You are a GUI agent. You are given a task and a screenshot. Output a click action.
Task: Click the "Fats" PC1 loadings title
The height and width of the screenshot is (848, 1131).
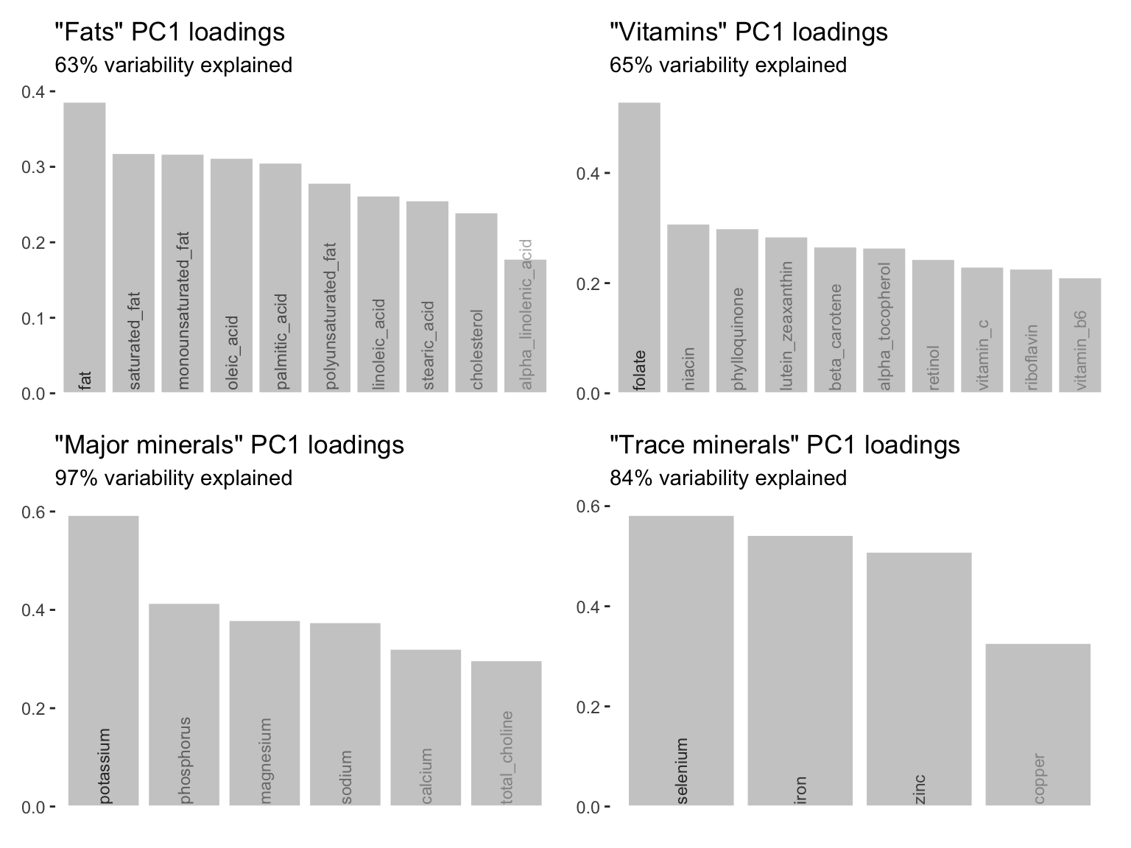170,32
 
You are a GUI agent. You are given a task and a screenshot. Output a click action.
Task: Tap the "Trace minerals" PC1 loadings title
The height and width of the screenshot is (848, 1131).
785,445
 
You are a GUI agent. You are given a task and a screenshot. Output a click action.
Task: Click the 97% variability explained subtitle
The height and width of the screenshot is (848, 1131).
174,478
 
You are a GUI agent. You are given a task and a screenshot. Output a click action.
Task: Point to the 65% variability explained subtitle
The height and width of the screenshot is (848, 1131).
728,66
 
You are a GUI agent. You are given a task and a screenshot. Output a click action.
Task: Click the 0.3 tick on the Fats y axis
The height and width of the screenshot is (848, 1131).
33,167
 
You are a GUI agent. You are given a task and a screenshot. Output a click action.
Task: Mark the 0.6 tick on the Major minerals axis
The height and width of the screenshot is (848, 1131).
33,512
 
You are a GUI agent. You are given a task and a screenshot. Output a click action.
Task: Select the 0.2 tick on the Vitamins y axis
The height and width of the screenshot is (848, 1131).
588,283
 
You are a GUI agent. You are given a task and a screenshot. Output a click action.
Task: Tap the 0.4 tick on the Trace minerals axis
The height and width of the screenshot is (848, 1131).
588,607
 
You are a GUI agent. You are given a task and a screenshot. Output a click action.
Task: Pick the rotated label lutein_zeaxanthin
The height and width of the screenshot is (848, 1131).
786,325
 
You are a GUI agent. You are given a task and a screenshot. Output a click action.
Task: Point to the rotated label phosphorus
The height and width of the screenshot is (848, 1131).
185,760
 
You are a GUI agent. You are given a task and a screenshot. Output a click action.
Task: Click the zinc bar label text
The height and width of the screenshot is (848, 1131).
920,789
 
